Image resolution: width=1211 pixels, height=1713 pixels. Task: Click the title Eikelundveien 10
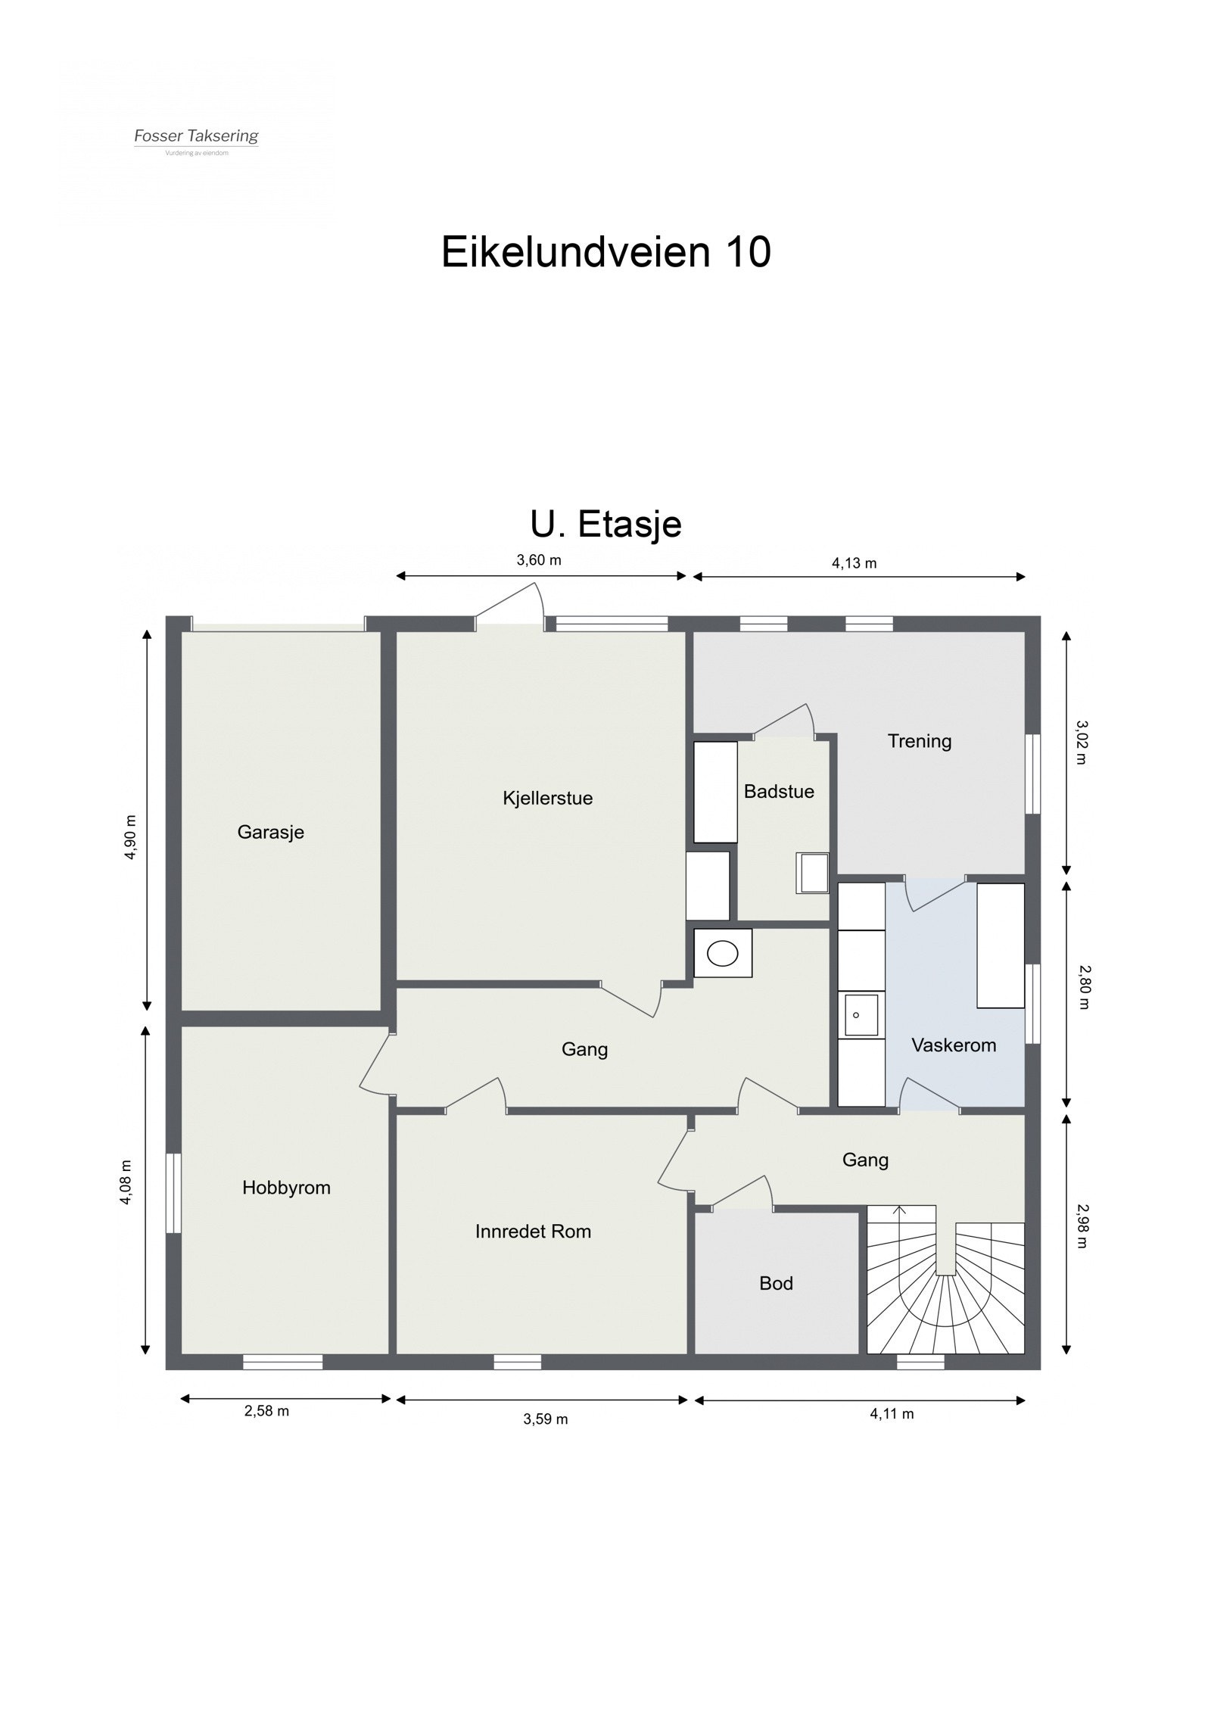(x=605, y=251)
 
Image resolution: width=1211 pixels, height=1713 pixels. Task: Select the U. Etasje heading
(x=605, y=524)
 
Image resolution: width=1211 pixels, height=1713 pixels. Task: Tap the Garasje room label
(x=270, y=832)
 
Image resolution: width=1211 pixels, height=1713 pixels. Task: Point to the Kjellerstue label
(x=547, y=798)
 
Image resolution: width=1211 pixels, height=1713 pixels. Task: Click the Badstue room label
(x=779, y=791)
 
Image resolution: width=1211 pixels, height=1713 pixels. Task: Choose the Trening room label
(x=919, y=741)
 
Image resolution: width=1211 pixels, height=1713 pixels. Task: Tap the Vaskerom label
(x=953, y=1045)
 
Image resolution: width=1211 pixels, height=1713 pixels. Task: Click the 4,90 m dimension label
(x=131, y=837)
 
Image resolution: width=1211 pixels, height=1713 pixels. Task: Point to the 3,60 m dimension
(x=539, y=560)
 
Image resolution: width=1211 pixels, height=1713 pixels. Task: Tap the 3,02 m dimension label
(x=1081, y=743)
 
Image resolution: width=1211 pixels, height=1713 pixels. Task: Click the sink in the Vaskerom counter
(x=861, y=1015)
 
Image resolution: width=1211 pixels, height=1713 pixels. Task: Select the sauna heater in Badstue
(x=812, y=873)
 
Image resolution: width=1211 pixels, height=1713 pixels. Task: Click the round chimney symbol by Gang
(x=723, y=954)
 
